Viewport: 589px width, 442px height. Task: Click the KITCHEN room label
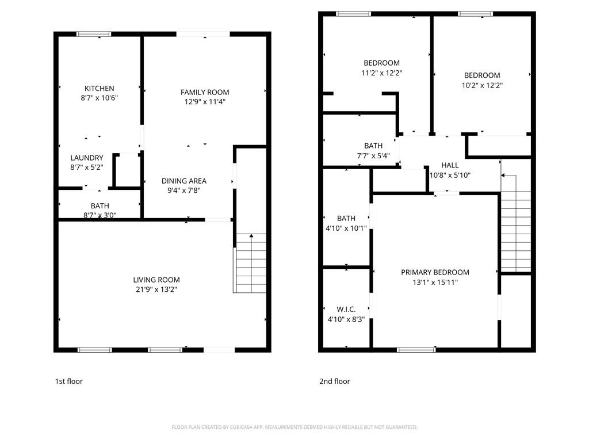click(100, 89)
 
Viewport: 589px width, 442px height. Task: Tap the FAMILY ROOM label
click(205, 92)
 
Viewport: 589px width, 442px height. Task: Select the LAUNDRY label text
click(87, 158)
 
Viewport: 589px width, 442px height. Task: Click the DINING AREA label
click(183, 181)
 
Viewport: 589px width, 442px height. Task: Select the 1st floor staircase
click(250, 264)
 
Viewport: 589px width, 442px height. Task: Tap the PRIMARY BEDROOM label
click(435, 272)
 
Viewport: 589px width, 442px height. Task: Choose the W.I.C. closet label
click(346, 309)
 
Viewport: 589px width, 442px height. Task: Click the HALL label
click(450, 165)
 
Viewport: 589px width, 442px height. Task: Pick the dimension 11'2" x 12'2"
click(381, 73)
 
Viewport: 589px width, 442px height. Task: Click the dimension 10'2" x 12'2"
click(482, 85)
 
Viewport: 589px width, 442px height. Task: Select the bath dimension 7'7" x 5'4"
click(373, 155)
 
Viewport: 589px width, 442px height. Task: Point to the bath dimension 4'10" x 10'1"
click(346, 228)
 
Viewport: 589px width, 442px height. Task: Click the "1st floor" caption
click(68, 381)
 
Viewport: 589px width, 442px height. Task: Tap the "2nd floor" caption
click(334, 381)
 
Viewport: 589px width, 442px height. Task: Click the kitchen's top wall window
click(94, 34)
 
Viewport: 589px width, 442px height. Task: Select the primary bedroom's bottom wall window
click(416, 349)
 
